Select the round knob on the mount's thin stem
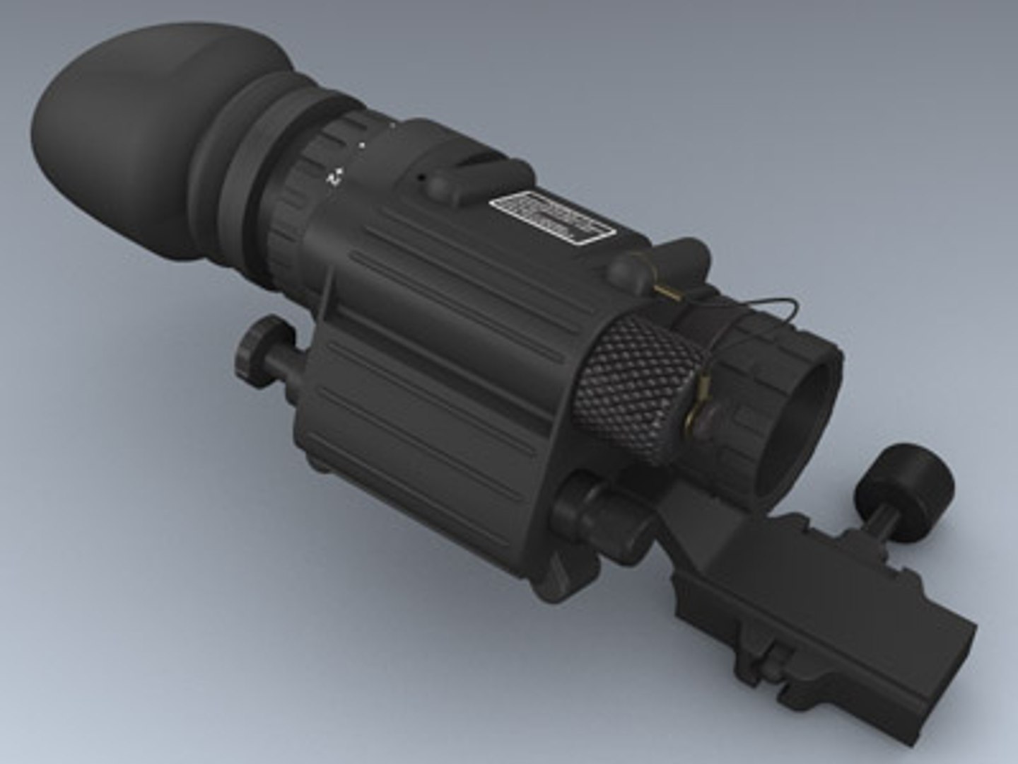click(x=905, y=482)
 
